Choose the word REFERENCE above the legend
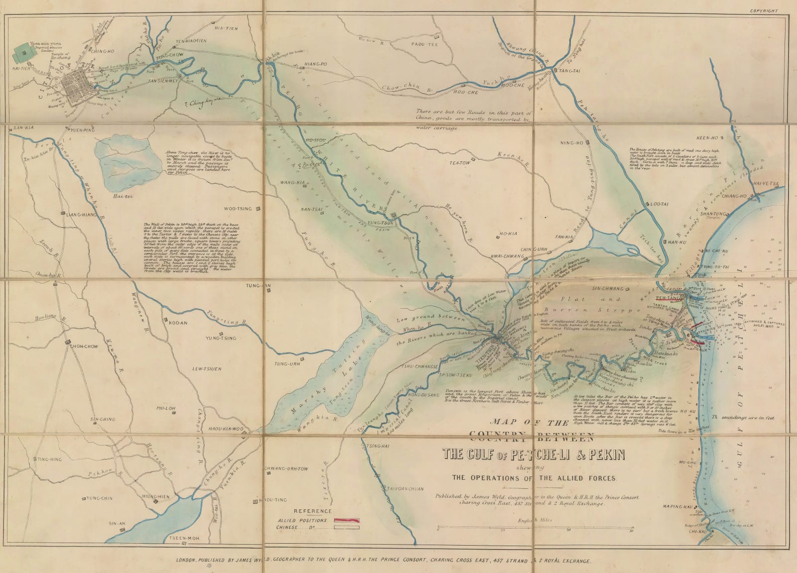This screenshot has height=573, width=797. pos(313,511)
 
